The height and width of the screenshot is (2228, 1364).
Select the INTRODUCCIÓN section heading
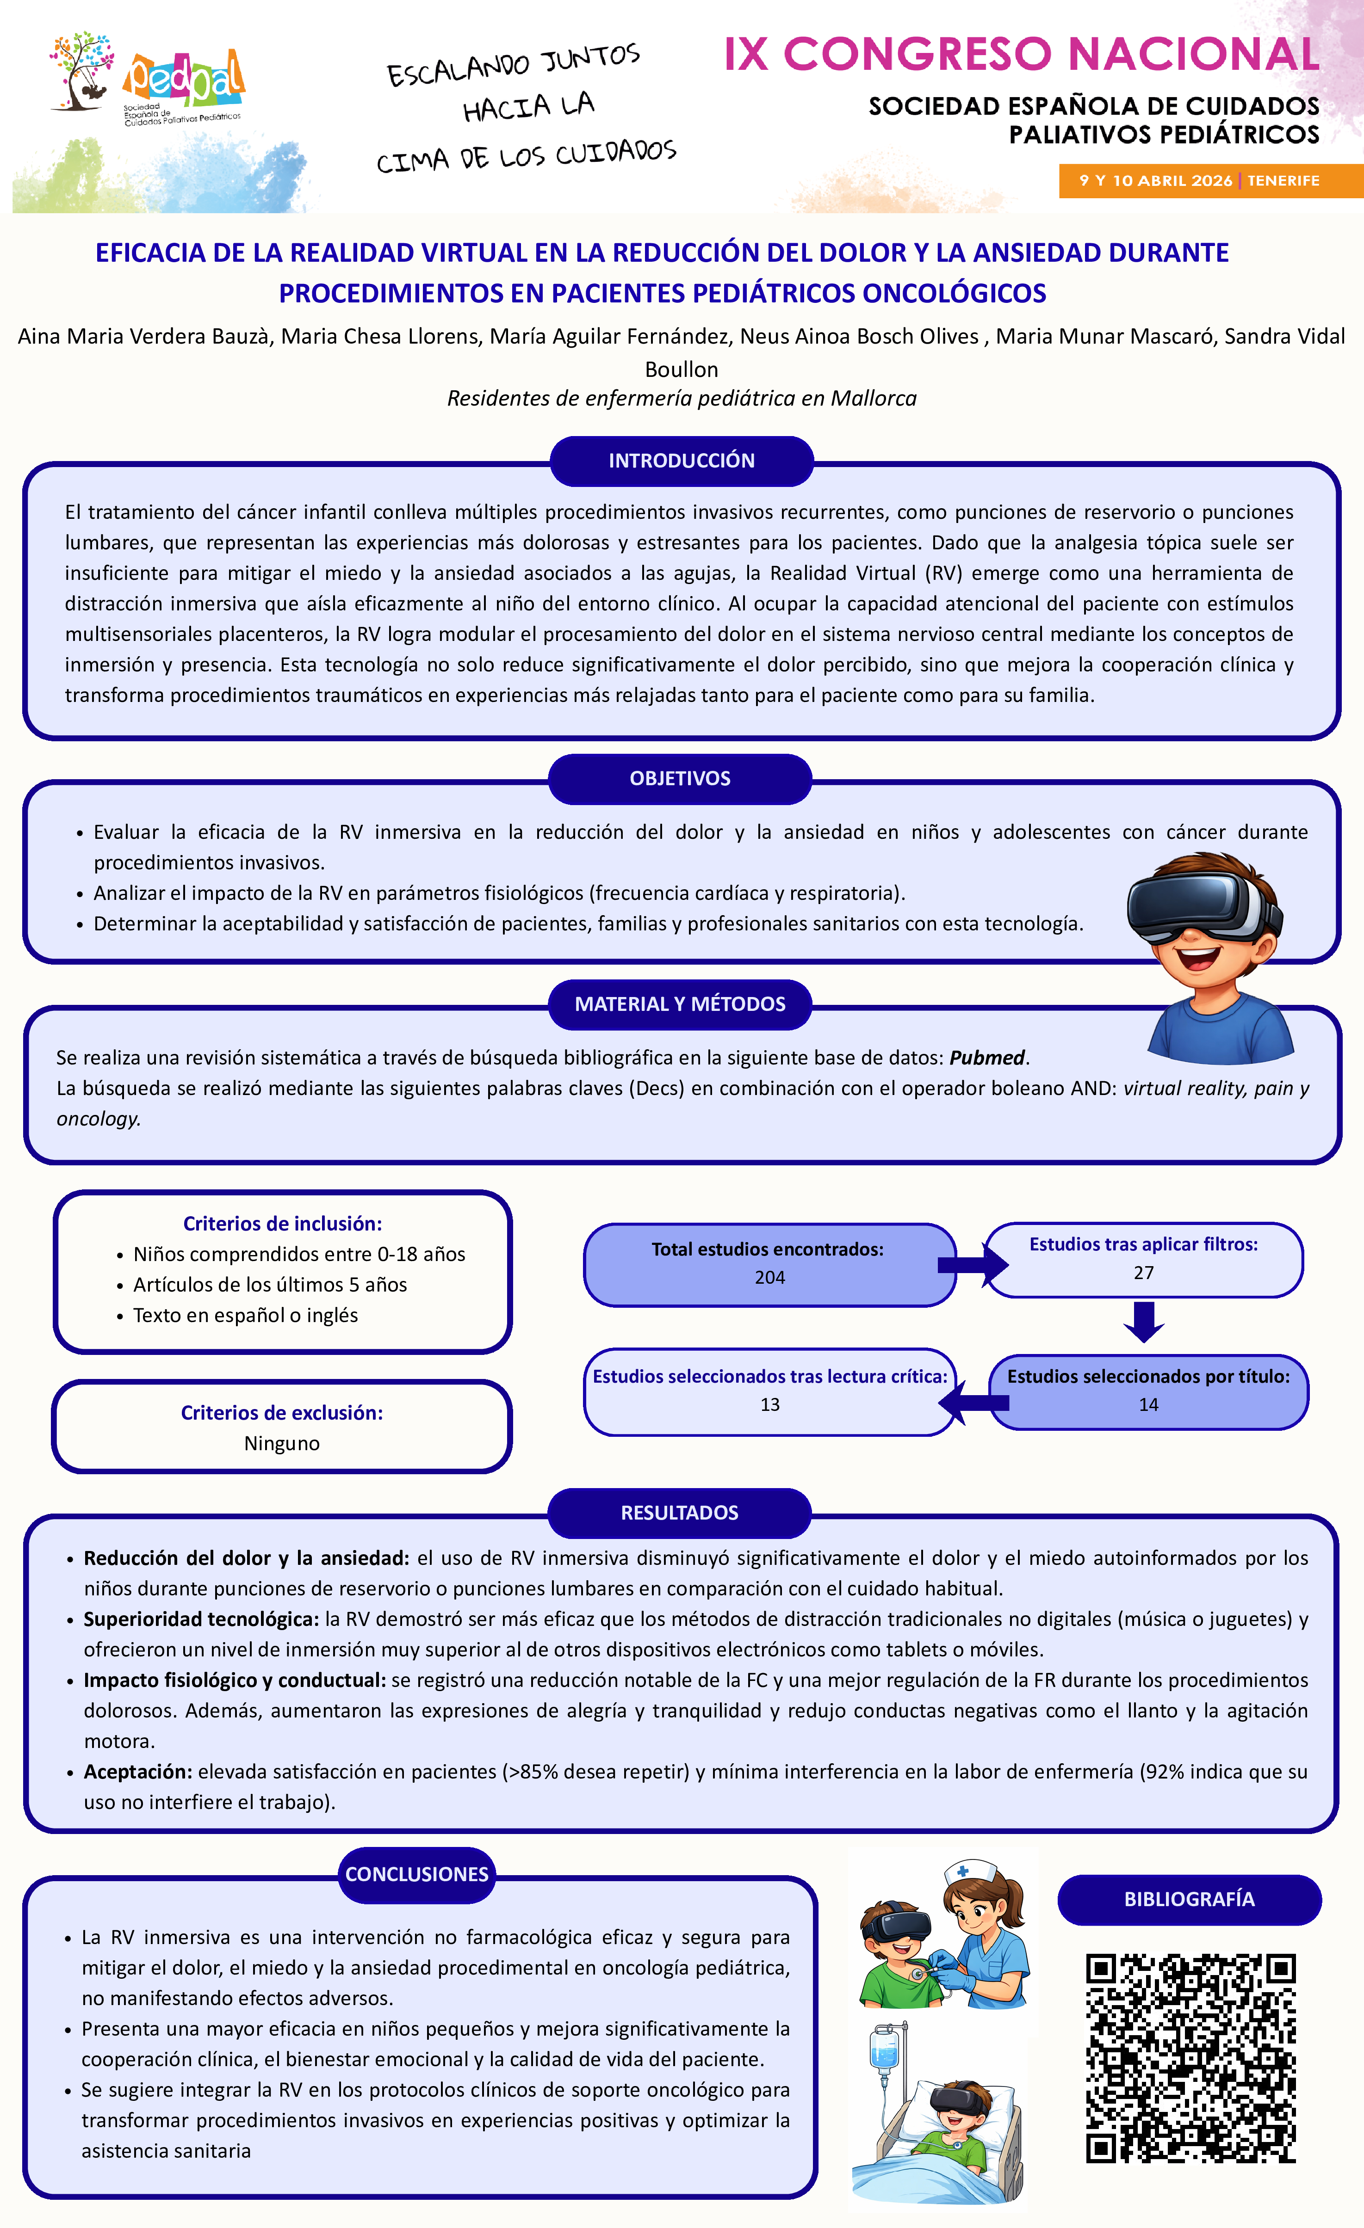[x=681, y=460]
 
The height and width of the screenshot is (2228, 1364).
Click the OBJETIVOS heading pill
[x=680, y=779]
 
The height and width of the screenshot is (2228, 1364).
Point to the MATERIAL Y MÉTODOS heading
[x=680, y=1003]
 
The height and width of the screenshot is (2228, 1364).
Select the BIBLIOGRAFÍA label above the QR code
[x=1189, y=1899]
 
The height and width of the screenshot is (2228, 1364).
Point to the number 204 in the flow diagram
[x=770, y=1278]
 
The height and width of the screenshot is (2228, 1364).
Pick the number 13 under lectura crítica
[x=770, y=1404]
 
